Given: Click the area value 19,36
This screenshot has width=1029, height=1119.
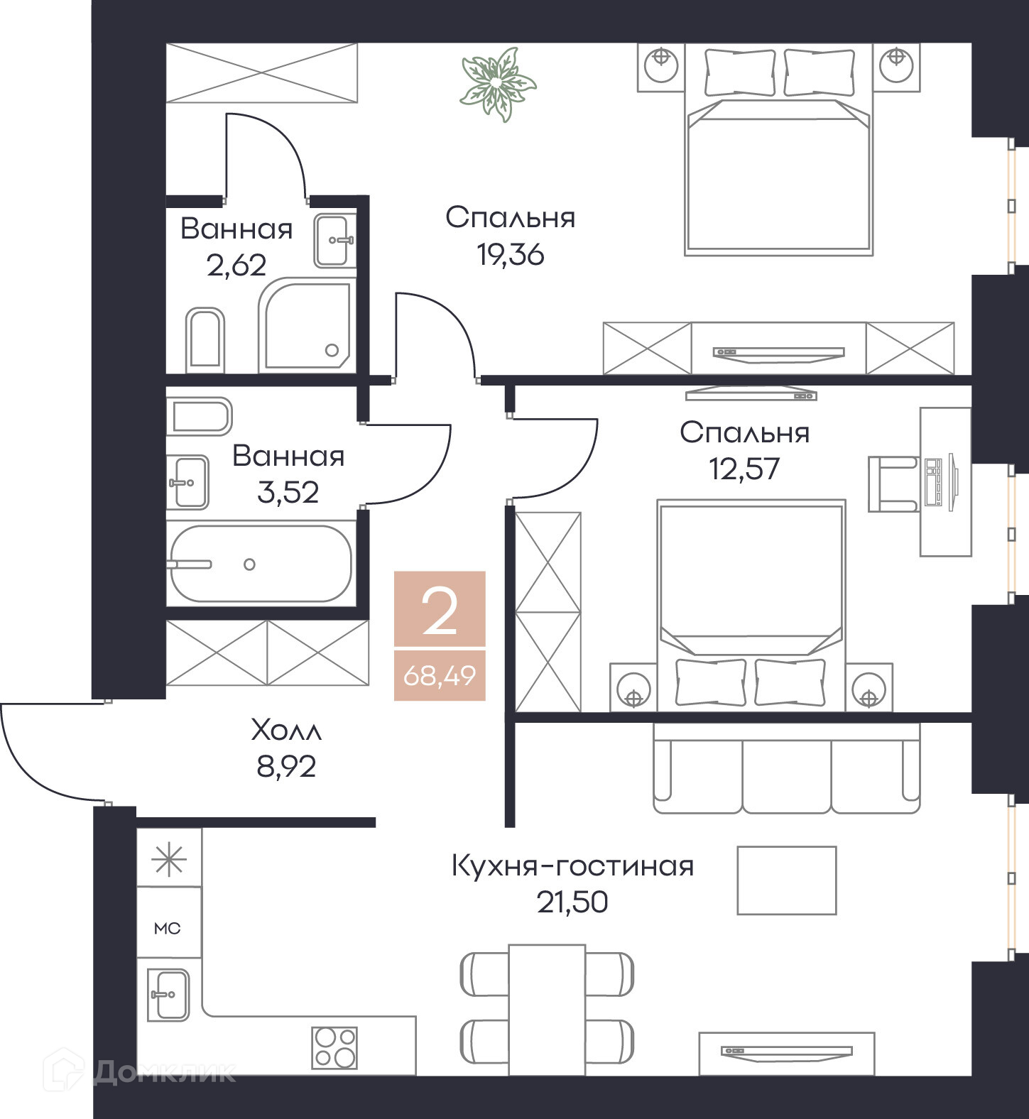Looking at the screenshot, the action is [x=511, y=253].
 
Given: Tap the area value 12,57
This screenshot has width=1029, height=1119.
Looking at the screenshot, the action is [x=744, y=469].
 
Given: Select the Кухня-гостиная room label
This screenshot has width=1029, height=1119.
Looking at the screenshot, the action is [x=572, y=866].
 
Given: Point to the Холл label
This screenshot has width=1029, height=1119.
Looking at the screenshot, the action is [x=286, y=730].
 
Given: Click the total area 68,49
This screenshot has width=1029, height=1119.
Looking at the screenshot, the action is [x=440, y=675].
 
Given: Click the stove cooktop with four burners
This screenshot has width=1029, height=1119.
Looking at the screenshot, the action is [x=334, y=1047].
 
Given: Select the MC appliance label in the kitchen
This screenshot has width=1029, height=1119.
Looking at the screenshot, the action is [x=168, y=928].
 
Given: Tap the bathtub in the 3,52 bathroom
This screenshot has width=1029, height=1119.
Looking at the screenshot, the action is [x=261, y=564].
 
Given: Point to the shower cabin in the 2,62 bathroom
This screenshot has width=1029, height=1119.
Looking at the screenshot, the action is [x=307, y=326].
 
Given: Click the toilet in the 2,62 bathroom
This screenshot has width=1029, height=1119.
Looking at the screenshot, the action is [x=205, y=340].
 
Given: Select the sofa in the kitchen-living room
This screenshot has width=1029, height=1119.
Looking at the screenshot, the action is [x=786, y=768].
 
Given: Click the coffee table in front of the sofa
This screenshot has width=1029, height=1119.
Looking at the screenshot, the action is [x=786, y=880].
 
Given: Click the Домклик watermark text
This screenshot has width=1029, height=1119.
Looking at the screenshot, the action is [x=163, y=1071].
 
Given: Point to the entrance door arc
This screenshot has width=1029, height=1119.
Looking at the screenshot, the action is [x=32, y=773].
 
